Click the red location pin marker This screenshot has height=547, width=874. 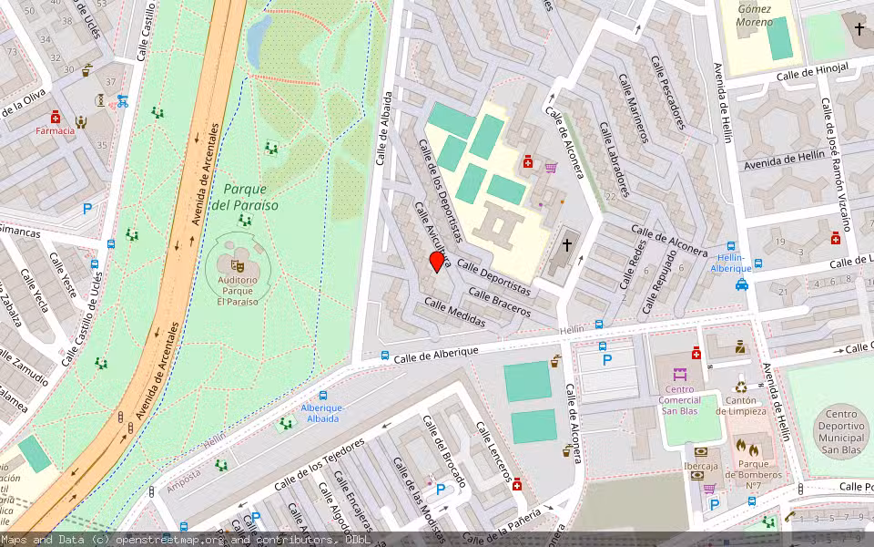pos(437,262)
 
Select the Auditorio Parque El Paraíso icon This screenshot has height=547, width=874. pos(238,265)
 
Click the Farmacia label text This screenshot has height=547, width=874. pos(56,130)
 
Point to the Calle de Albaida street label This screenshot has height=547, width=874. pos(385,129)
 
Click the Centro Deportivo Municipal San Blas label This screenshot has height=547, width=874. pos(842,431)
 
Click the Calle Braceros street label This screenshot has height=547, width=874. pos(499,301)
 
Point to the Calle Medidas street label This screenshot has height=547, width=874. pos(455,314)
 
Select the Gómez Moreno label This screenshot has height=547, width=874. pos(755,15)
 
